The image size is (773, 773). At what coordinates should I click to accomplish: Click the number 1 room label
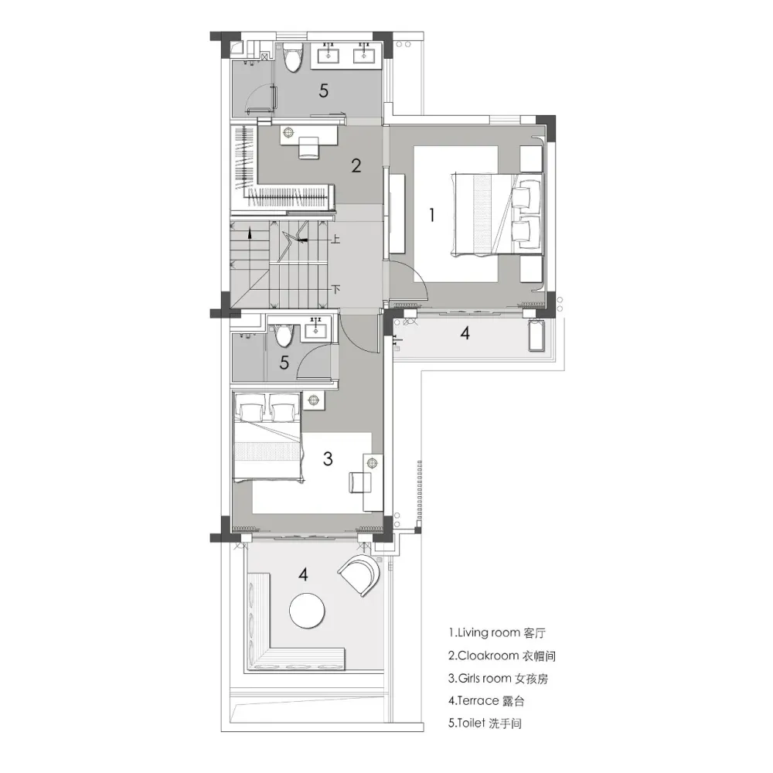432,215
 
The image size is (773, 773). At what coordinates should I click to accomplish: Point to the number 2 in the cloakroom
356,165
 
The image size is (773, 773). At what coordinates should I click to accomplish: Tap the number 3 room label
327,458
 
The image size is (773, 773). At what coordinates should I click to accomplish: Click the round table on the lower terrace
307,611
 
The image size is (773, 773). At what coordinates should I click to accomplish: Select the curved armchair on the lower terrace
360,575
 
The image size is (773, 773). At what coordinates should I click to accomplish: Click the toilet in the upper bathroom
292,57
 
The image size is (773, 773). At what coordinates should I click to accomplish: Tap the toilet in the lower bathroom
283,335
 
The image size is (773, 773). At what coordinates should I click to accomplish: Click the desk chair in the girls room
359,482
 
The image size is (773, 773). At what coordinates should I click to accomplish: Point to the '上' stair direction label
335,240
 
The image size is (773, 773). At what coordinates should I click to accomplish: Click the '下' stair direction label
335,289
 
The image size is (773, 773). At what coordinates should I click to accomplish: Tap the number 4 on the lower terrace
303,574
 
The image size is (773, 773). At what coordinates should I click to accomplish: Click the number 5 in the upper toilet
323,90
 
